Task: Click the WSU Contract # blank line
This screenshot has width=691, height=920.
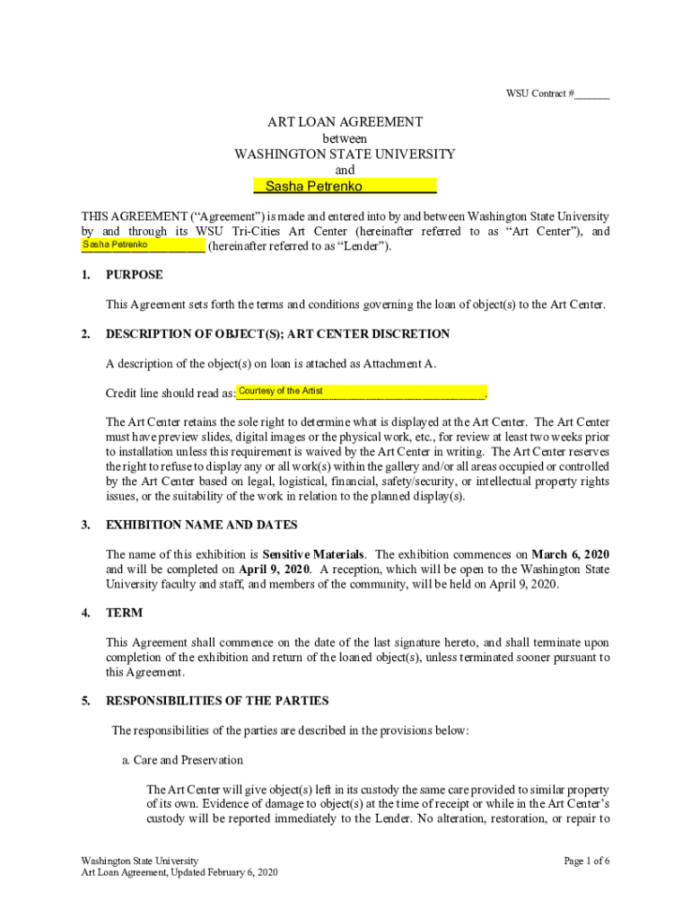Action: coord(592,94)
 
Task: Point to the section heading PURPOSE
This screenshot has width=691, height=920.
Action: coord(135,275)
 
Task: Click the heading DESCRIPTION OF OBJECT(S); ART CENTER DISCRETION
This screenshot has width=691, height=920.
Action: coord(277,334)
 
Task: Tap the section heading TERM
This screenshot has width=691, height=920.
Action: coord(124,613)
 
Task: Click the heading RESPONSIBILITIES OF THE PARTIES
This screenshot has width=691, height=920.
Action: coord(217,701)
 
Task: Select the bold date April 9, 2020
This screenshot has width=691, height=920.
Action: coord(275,570)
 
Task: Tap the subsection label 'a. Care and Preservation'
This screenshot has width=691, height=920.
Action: coord(182,760)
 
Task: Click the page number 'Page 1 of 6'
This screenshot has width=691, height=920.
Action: coord(587,861)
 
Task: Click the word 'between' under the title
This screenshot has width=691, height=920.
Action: coord(345,138)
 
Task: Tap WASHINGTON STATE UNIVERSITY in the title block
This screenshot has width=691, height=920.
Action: coord(345,154)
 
